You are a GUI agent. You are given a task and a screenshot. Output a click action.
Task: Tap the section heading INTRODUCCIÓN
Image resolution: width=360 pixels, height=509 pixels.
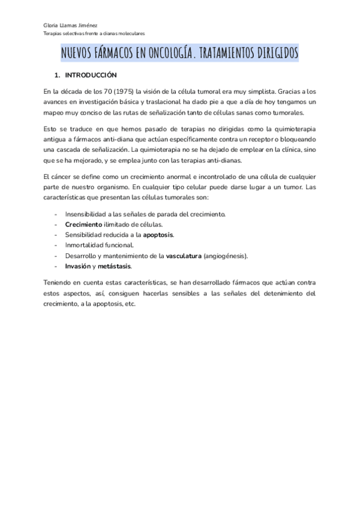coord(90,76)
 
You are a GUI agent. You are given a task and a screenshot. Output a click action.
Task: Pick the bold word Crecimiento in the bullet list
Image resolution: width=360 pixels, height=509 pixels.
coord(83,224)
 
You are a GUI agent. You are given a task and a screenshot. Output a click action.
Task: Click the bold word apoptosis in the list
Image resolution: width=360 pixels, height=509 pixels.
coord(158,234)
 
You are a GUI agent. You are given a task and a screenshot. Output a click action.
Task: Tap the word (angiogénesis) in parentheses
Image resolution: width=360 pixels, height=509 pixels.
coord(226,256)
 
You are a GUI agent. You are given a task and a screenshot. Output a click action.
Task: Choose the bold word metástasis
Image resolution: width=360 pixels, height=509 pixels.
coord(114,266)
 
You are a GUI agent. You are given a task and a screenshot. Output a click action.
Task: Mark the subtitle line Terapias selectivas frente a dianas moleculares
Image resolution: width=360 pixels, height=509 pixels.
coord(94,34)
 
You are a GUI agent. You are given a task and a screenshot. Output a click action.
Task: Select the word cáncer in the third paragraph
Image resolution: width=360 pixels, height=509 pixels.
coord(65,176)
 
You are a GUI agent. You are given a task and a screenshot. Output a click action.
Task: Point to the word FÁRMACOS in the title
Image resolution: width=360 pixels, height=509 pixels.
coord(118,54)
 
